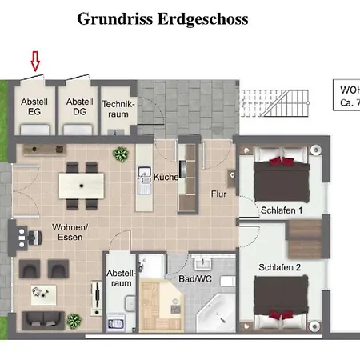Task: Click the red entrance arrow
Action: pyautogui.click(x=35, y=60)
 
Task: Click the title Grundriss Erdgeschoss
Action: pyautogui.click(x=162, y=18)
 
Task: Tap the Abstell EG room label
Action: pyautogui.click(x=34, y=107)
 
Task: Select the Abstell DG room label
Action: pyautogui.click(x=79, y=107)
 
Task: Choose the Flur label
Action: pyautogui.click(x=219, y=194)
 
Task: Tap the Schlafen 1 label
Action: pyautogui.click(x=281, y=210)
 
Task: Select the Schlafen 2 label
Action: pyautogui.click(x=279, y=268)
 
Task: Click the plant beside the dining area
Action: pyautogui.click(x=121, y=154)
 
